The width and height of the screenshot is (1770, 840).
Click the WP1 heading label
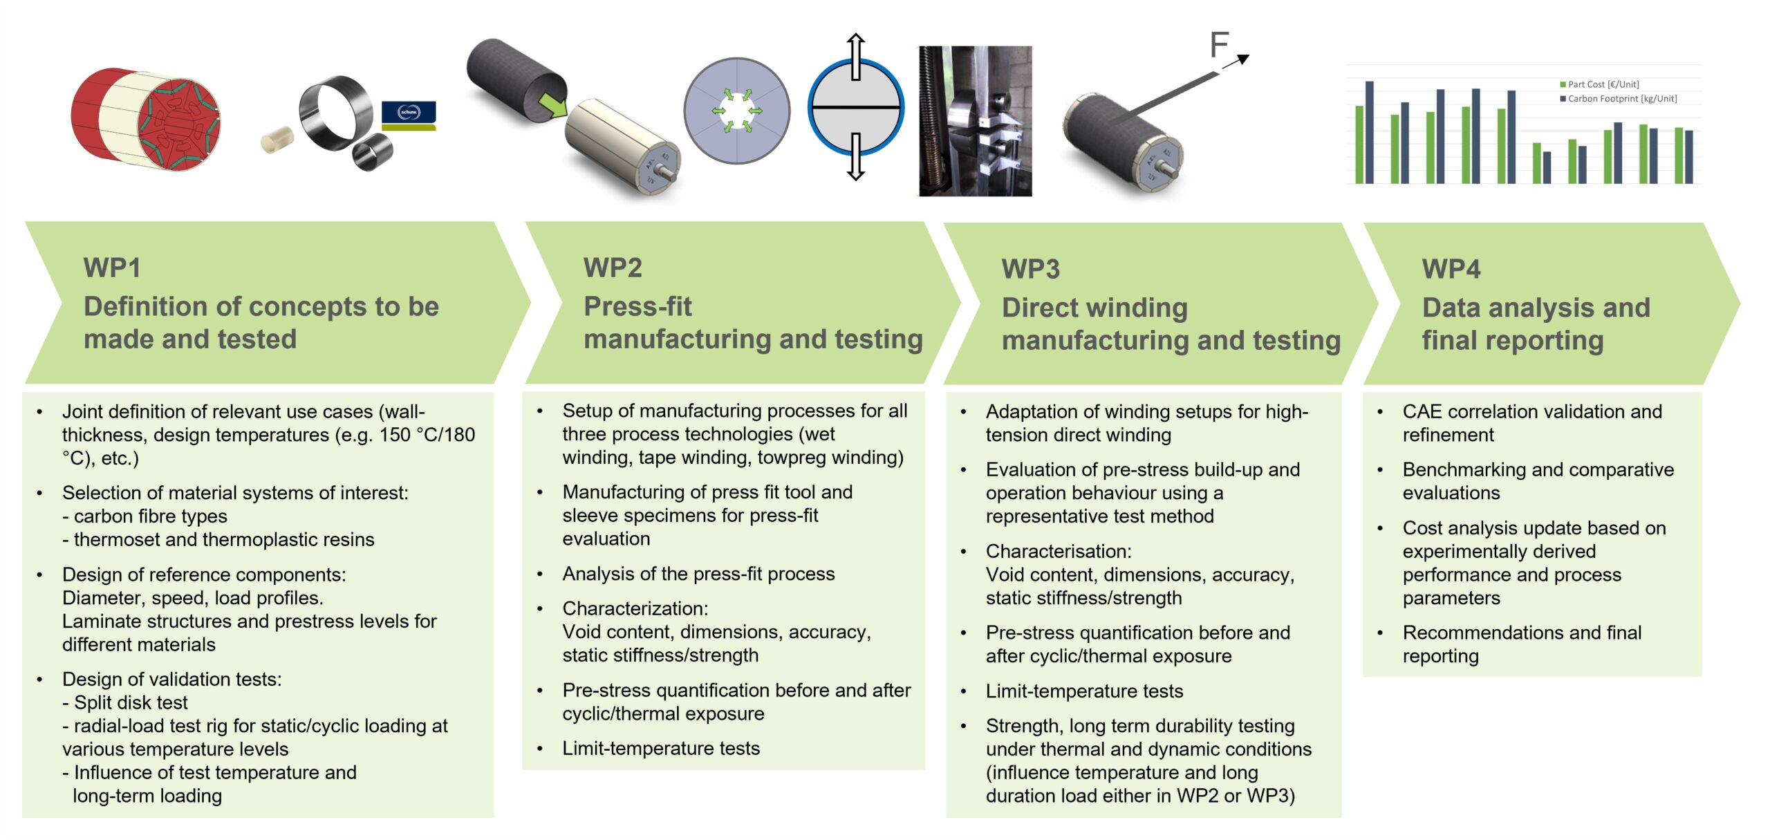(112, 268)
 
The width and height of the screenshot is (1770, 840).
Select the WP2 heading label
(613, 268)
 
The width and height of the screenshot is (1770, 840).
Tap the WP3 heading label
(1030, 269)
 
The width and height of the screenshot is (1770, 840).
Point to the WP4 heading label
(1451, 269)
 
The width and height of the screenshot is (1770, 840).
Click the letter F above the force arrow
(1219, 45)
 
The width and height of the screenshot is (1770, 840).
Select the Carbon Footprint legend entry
(1618, 99)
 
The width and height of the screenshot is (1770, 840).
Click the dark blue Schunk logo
(409, 113)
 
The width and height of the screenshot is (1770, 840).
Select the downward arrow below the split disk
(856, 157)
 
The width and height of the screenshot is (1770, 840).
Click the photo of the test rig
(975, 121)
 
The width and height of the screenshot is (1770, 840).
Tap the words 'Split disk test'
(131, 702)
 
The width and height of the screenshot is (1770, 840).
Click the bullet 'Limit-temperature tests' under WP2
(661, 748)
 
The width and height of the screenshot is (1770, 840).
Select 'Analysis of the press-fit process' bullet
(698, 574)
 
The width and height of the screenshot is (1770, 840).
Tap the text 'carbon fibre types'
(150, 516)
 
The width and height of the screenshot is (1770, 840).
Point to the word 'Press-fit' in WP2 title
(637, 306)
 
